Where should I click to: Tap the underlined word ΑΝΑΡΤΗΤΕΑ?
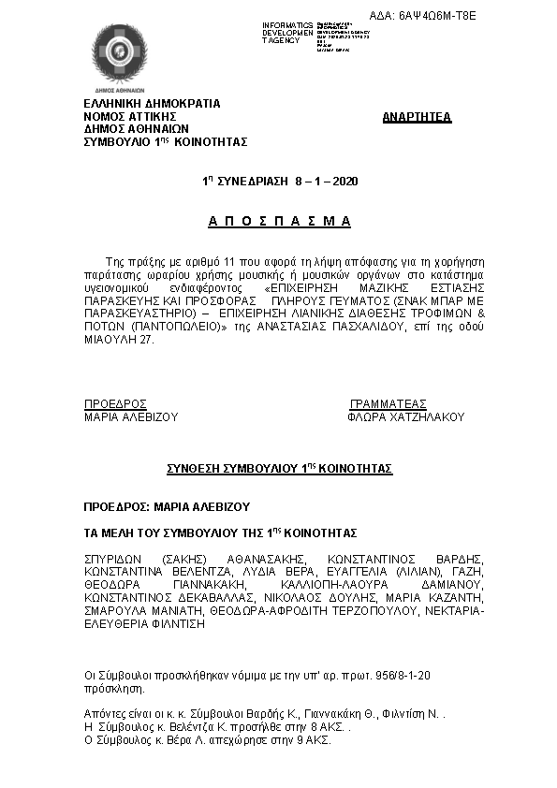click(418, 117)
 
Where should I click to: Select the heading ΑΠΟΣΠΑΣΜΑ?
click(279, 222)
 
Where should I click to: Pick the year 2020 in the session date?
click(345, 180)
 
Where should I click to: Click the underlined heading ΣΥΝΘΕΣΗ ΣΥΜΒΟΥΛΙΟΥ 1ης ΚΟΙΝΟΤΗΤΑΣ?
click(279, 467)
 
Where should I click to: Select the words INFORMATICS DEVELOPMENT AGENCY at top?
click(287, 32)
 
